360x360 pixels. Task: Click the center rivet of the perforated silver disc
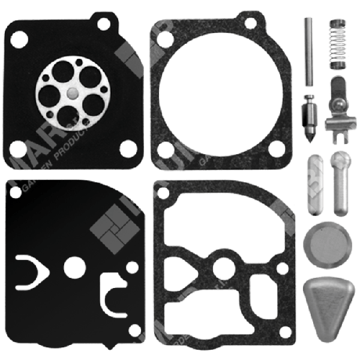click(x=71, y=92)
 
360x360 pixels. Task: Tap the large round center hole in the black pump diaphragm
click(x=74, y=264)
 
